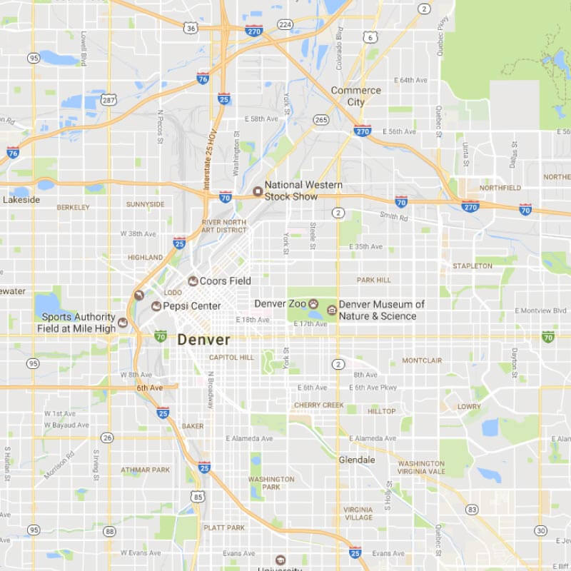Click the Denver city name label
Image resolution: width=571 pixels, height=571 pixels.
(x=204, y=340)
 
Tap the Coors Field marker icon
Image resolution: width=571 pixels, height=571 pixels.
(x=193, y=281)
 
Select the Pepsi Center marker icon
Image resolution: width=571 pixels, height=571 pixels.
(x=156, y=306)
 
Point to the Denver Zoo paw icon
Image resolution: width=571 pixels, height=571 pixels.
(x=313, y=304)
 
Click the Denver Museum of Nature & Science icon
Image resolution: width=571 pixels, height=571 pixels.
(x=332, y=310)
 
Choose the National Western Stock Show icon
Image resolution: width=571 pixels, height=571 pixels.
(x=258, y=191)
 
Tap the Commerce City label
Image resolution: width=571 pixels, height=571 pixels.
(x=355, y=96)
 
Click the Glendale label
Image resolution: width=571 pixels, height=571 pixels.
(x=357, y=460)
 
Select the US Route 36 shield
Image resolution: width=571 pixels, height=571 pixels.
(x=190, y=28)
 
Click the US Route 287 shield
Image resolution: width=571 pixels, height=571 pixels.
(x=108, y=101)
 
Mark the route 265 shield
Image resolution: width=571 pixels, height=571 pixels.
(x=321, y=119)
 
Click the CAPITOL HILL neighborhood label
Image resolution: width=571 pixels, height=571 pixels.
(x=231, y=358)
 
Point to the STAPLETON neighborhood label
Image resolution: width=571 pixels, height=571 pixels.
(x=472, y=266)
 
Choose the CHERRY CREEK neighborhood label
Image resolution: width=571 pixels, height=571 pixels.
(x=319, y=405)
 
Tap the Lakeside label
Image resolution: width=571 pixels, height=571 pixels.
(x=21, y=200)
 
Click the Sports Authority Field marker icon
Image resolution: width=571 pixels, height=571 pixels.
(x=123, y=323)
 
